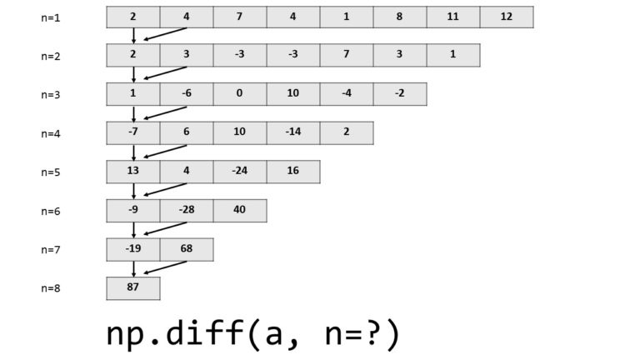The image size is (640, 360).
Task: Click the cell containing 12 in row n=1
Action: click(507, 17)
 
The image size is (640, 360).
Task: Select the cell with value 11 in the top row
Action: click(452, 17)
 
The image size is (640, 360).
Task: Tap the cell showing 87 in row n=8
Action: click(133, 287)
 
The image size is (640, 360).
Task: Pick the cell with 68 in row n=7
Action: click(187, 249)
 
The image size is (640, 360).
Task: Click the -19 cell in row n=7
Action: click(133, 249)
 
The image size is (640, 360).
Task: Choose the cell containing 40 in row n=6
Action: click(240, 210)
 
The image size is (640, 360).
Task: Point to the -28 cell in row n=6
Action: click(187, 210)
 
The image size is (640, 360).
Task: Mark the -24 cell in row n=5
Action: click(240, 172)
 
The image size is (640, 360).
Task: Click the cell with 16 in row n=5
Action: click(293, 172)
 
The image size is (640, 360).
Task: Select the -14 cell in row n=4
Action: click(293, 132)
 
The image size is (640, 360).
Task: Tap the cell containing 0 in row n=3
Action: click(240, 94)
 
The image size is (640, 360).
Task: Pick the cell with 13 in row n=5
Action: click(133, 172)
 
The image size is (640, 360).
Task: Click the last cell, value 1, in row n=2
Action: click(452, 55)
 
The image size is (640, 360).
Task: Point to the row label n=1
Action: click(51, 17)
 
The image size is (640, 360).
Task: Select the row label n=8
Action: click(51, 288)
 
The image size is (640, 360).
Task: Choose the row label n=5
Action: click(51, 172)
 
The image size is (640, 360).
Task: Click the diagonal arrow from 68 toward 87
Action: click(165, 267)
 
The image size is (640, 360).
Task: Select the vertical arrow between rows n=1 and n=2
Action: click(133, 35)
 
